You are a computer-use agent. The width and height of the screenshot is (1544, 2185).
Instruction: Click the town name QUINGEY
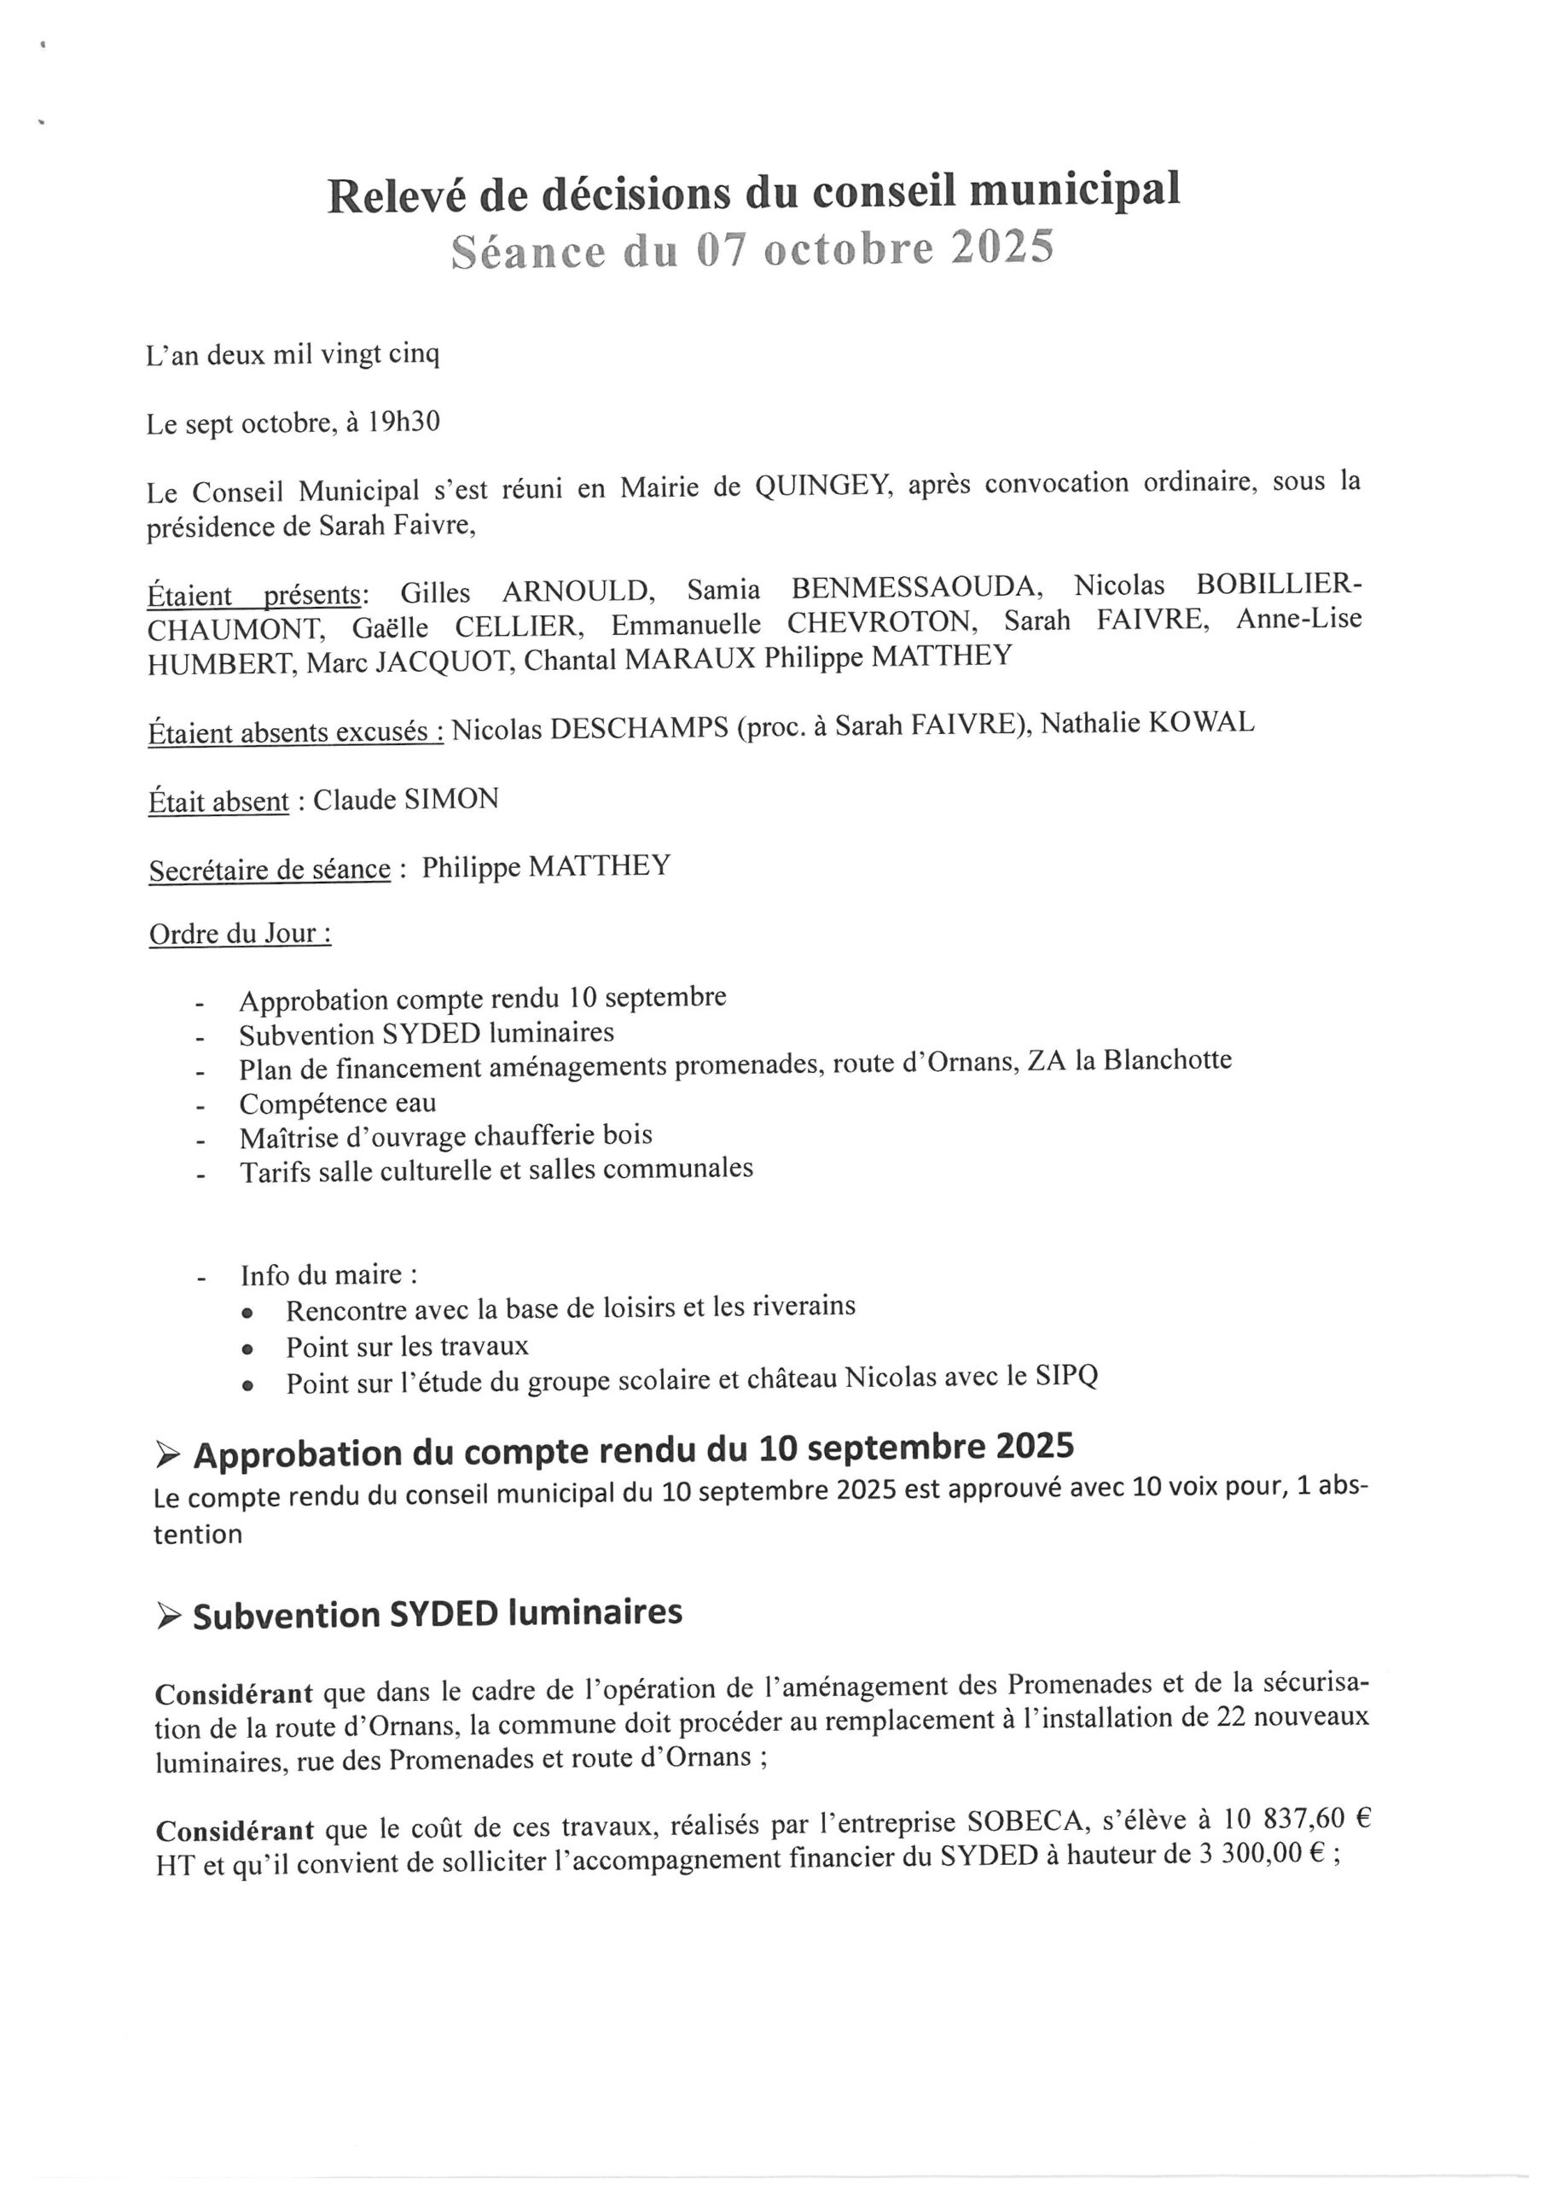tap(824, 487)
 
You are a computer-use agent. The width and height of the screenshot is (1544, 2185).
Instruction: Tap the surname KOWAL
tap(1203, 722)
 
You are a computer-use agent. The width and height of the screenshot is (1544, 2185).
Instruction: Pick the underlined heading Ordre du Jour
tap(240, 934)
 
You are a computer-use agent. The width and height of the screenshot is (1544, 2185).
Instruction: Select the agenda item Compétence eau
tap(338, 1103)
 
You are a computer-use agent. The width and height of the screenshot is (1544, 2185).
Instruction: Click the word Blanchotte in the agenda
tap(1167, 1059)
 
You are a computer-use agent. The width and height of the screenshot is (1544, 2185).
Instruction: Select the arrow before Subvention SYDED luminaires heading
tap(168, 1617)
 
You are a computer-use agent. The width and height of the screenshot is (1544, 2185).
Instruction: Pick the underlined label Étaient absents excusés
tap(296, 731)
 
